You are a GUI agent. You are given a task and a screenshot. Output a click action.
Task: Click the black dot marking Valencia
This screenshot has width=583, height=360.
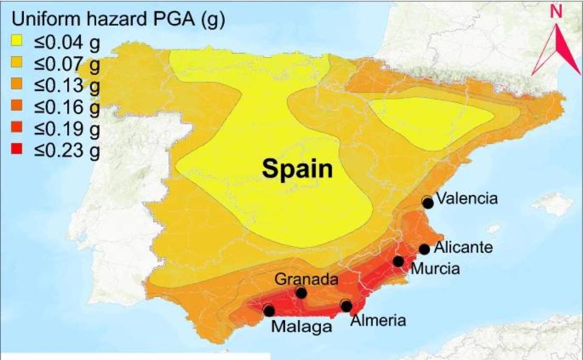[x=427, y=202]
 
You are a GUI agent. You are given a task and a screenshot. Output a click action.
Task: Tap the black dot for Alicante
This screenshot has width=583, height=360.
[x=424, y=249]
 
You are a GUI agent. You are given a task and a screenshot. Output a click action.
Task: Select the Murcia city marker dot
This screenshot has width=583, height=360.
[x=398, y=261]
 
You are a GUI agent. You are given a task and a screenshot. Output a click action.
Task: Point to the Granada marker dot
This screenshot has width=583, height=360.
[x=301, y=293]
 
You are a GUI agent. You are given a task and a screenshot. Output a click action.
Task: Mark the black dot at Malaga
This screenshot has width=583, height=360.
[x=269, y=310]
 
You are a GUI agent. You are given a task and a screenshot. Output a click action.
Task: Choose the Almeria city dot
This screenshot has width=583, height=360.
[x=346, y=306]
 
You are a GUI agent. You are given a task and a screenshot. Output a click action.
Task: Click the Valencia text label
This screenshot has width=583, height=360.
[x=466, y=198]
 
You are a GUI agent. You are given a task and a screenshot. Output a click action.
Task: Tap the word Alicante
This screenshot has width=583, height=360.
[x=463, y=247]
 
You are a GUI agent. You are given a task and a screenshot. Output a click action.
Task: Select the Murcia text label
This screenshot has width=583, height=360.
[x=434, y=268]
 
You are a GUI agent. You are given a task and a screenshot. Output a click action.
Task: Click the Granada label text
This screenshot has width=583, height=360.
[x=306, y=280]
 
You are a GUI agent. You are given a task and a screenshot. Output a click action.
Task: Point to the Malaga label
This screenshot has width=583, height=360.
[x=301, y=326]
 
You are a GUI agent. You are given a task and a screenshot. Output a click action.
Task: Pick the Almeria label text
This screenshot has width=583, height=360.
[x=378, y=320]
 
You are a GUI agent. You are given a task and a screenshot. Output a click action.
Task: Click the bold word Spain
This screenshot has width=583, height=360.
[x=297, y=169]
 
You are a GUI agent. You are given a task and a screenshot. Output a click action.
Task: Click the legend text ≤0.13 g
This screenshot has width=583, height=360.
[x=66, y=86]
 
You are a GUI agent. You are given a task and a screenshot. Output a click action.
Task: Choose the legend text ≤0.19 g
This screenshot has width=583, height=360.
[x=66, y=129]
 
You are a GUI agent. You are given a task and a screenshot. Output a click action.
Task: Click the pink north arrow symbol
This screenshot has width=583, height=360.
[x=556, y=51]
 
